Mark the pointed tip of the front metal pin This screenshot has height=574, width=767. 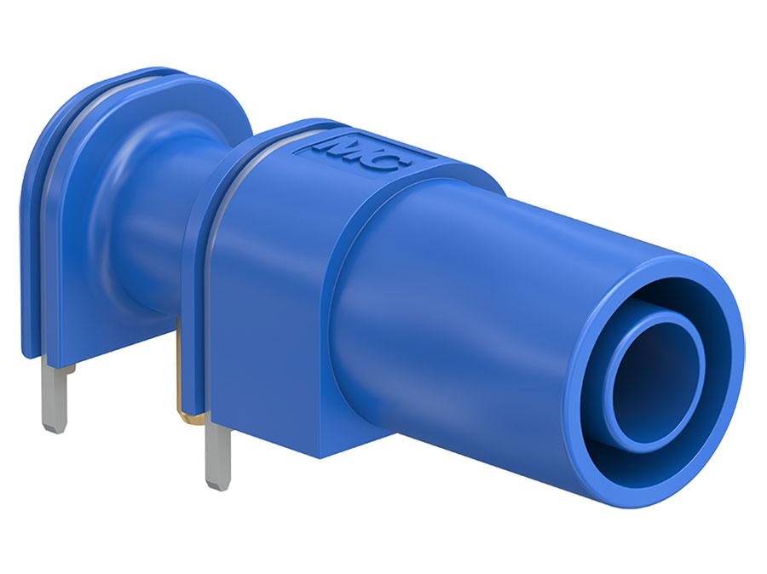pos(220,484)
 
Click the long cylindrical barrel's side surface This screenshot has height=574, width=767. pos(477,341)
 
